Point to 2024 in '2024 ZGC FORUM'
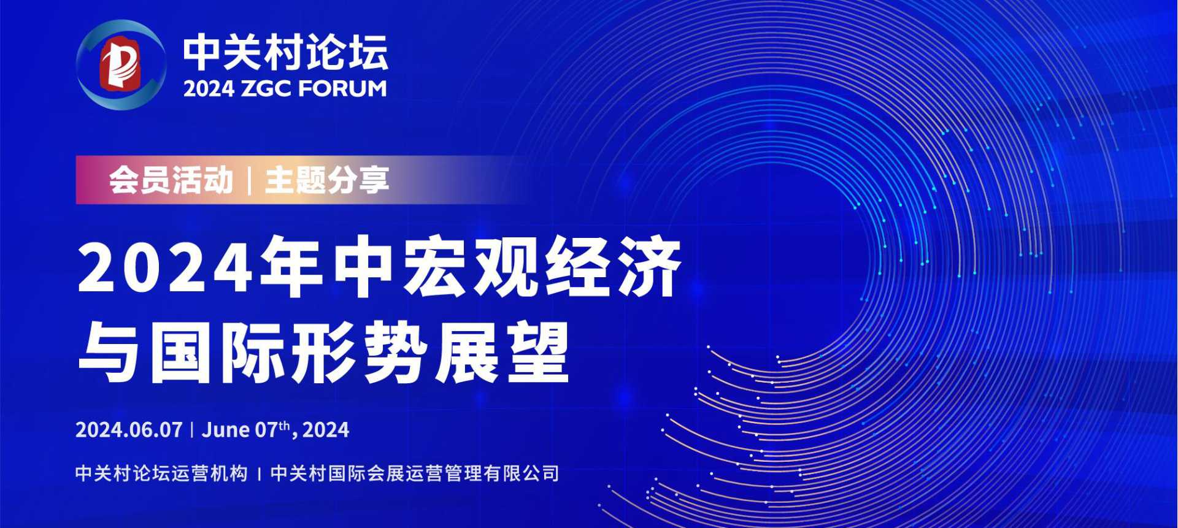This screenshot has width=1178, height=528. tap(209, 89)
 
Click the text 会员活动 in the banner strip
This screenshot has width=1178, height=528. tap(171, 180)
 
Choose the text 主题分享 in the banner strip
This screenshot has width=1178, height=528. tap(327, 180)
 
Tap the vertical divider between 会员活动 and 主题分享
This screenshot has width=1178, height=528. tap(249, 180)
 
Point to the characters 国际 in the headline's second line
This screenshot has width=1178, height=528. tap(216, 354)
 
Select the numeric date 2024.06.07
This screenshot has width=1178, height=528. tap(129, 430)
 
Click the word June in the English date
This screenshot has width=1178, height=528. tap(226, 430)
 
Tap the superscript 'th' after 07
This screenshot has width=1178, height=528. tap(284, 425)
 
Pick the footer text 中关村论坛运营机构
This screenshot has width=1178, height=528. tap(161, 473)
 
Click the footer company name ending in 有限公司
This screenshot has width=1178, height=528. tap(415, 473)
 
